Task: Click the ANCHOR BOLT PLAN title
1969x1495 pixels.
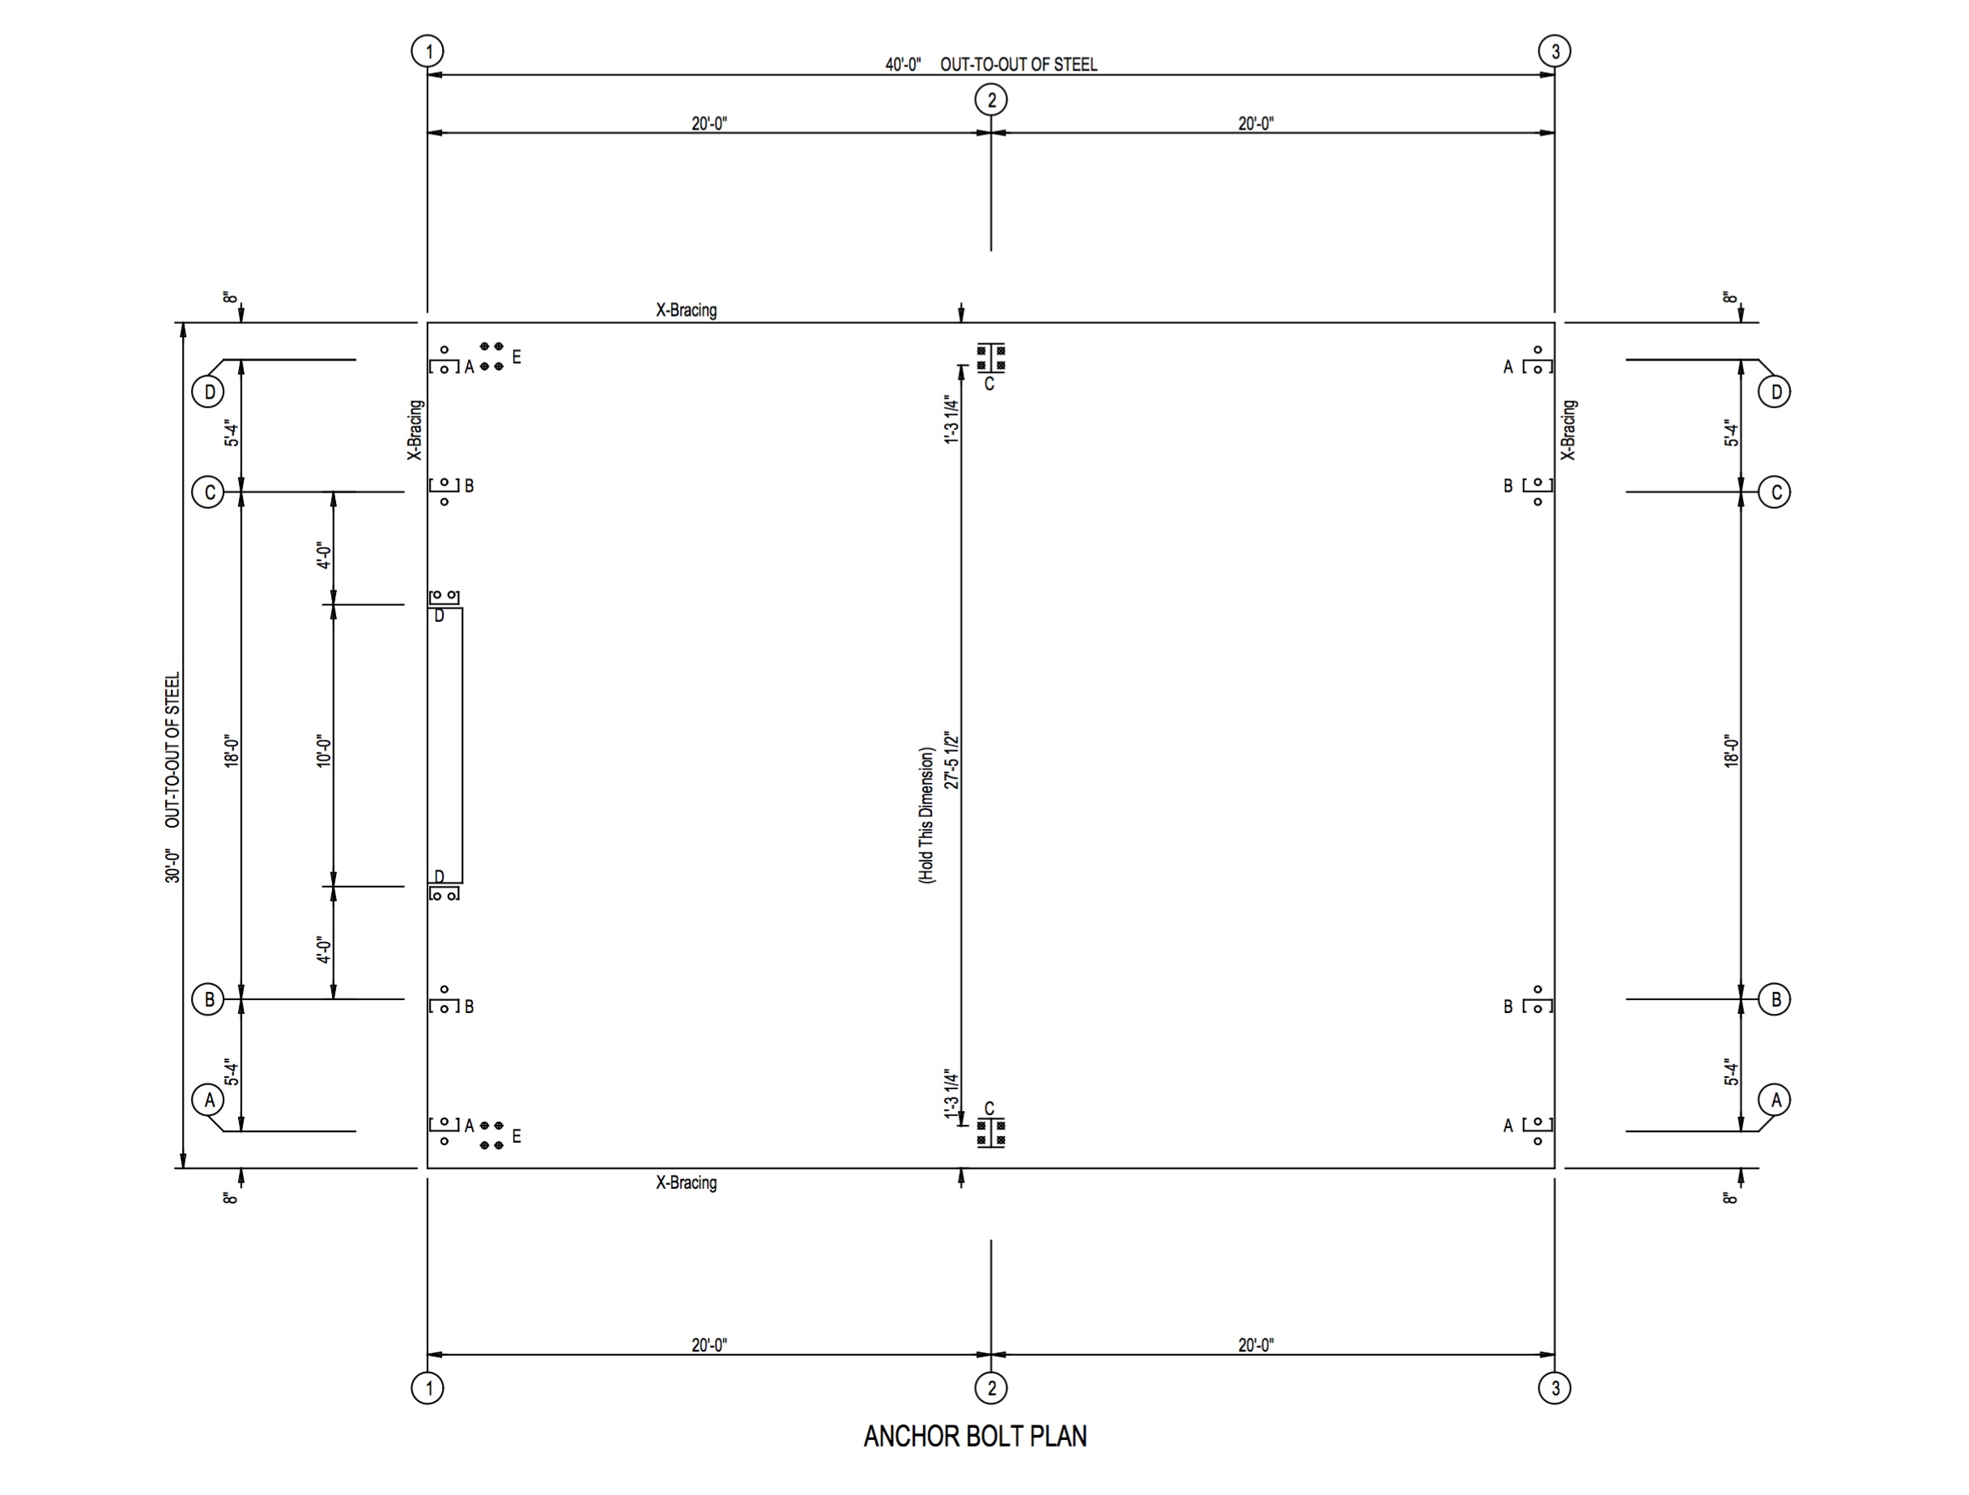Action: (x=975, y=1436)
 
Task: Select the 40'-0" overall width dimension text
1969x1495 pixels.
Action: (x=903, y=65)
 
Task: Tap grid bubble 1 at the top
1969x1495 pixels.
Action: (x=428, y=51)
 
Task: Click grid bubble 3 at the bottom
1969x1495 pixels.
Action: (x=1554, y=1387)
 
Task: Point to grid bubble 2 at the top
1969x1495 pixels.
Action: (x=991, y=100)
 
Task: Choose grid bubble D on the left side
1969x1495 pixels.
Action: (x=208, y=392)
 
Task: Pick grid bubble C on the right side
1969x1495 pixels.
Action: (x=1775, y=492)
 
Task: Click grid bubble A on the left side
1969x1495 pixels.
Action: (x=209, y=1100)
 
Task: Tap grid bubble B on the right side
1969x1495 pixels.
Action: (x=1775, y=999)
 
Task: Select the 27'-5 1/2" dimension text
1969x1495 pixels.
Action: (x=952, y=760)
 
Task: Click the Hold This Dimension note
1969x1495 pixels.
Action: (x=927, y=815)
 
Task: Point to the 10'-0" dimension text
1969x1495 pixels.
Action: (x=324, y=751)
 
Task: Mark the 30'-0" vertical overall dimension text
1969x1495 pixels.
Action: (x=172, y=865)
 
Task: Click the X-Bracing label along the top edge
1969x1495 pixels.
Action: (x=687, y=310)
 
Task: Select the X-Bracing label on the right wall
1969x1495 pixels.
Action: (x=1568, y=430)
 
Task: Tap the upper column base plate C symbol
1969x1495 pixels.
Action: (x=991, y=358)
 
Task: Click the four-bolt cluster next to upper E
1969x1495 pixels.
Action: (x=491, y=356)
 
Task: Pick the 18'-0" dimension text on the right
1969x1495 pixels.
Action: (x=1731, y=751)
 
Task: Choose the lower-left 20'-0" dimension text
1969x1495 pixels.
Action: (x=709, y=1344)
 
